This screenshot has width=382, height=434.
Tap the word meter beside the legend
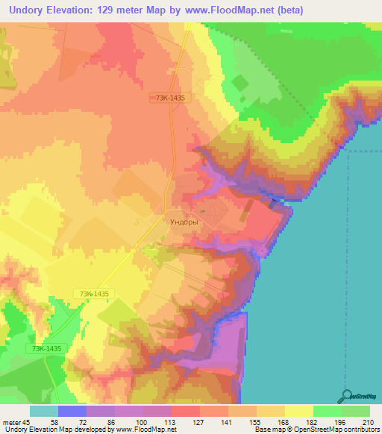(x=11, y=422)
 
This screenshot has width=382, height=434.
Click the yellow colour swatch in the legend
(x=298, y=411)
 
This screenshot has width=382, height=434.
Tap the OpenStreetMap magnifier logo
(x=345, y=397)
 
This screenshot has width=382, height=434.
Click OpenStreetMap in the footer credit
(x=307, y=430)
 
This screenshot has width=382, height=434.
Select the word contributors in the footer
(x=359, y=430)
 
